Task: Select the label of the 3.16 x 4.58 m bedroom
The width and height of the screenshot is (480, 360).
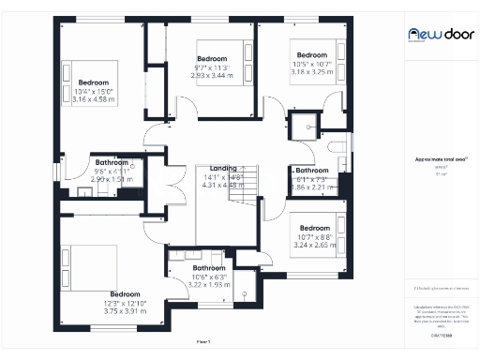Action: pos(93,90)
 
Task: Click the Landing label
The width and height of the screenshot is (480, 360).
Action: pos(223,168)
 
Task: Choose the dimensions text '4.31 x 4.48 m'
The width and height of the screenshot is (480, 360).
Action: pos(223,185)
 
